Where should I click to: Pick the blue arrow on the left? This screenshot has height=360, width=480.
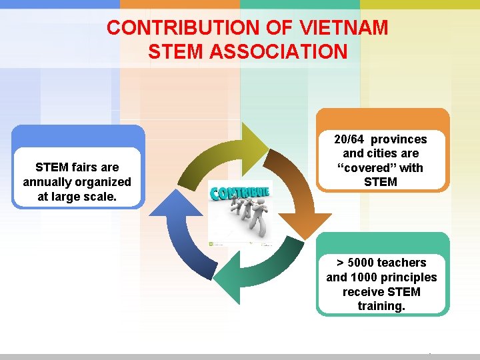(x=176, y=227)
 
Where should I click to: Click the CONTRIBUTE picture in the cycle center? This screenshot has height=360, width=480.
(x=240, y=213)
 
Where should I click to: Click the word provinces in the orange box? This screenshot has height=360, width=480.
(x=399, y=139)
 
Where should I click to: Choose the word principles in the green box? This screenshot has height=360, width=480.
(x=409, y=277)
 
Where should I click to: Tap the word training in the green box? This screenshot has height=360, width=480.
(x=381, y=307)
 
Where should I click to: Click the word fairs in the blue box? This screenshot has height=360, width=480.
(x=84, y=167)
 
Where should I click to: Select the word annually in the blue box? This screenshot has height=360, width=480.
(x=47, y=182)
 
